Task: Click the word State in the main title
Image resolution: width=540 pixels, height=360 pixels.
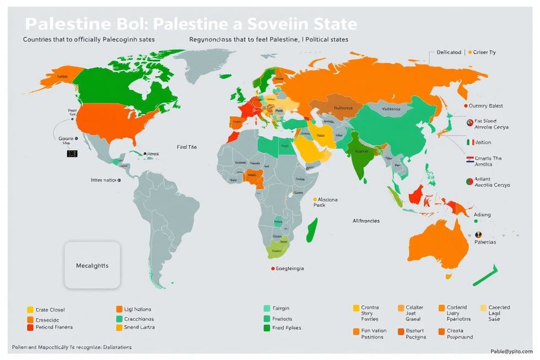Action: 331,24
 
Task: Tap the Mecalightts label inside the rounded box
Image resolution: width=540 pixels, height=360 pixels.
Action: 92,265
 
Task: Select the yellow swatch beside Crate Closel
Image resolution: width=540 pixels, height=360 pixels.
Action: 30,310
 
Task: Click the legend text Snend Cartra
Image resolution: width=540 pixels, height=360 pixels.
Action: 139,327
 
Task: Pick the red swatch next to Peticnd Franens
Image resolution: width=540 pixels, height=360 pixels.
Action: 30,327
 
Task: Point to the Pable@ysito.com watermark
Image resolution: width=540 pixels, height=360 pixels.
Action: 512,351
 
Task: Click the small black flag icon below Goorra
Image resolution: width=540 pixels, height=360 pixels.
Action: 72,153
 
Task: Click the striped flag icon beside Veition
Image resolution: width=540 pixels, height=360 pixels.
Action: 469,142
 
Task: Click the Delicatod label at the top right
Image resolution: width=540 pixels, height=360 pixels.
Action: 449,52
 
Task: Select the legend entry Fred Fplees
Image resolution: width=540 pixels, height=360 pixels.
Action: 285,327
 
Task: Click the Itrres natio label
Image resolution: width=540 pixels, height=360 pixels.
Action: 105,180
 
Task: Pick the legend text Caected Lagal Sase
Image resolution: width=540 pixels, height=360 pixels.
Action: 498,313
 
